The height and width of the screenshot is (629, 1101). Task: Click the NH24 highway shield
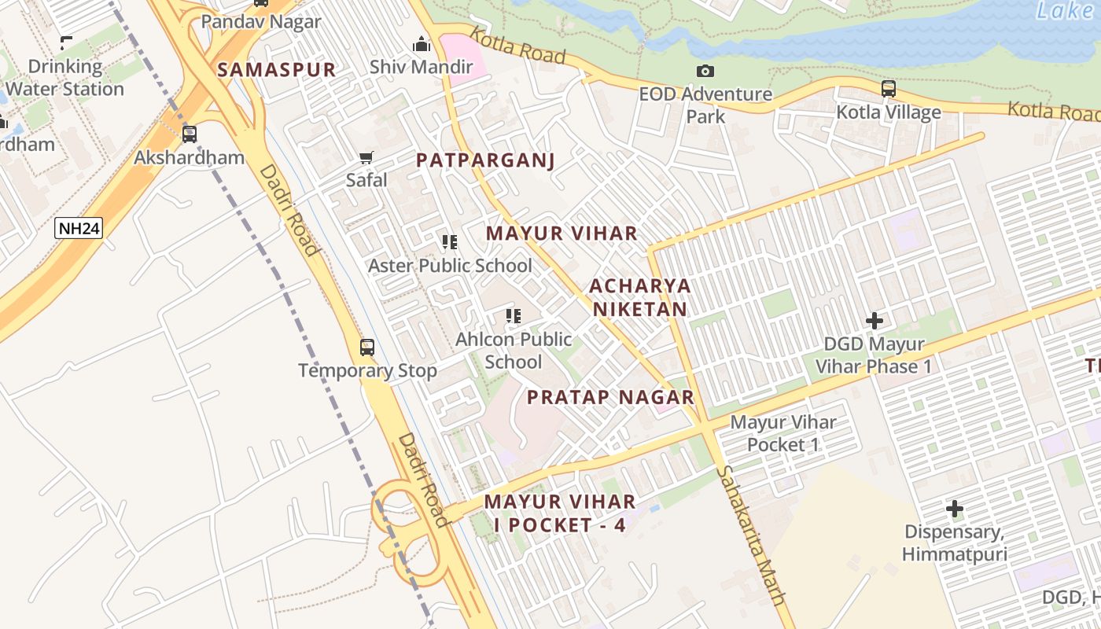(79, 229)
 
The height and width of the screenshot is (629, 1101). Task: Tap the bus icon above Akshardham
(190, 134)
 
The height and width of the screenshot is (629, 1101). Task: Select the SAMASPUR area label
(276, 69)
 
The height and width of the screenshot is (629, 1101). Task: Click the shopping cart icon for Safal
(366, 157)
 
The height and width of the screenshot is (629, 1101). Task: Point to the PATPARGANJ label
(485, 160)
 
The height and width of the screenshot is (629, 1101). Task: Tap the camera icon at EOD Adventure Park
(705, 72)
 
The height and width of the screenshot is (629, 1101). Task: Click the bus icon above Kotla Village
(889, 88)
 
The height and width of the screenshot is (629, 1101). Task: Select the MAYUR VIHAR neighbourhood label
(561, 234)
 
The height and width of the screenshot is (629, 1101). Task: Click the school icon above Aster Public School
(450, 242)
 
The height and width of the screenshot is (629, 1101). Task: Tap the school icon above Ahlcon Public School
(514, 316)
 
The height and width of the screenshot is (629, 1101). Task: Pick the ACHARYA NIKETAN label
(639, 297)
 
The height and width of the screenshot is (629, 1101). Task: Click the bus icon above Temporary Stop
(367, 347)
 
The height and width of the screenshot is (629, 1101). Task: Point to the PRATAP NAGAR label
(610, 397)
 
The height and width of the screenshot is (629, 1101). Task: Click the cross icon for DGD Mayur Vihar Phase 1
(874, 321)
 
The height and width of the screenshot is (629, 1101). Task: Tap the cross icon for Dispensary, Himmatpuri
(954, 509)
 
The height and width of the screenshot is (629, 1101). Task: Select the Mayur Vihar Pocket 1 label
(783, 433)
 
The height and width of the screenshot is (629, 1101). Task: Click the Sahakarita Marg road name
(752, 535)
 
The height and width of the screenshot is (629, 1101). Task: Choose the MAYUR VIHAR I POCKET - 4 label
(559, 513)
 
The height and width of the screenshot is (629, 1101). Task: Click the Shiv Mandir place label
(422, 67)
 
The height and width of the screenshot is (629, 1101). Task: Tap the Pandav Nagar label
(261, 21)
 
